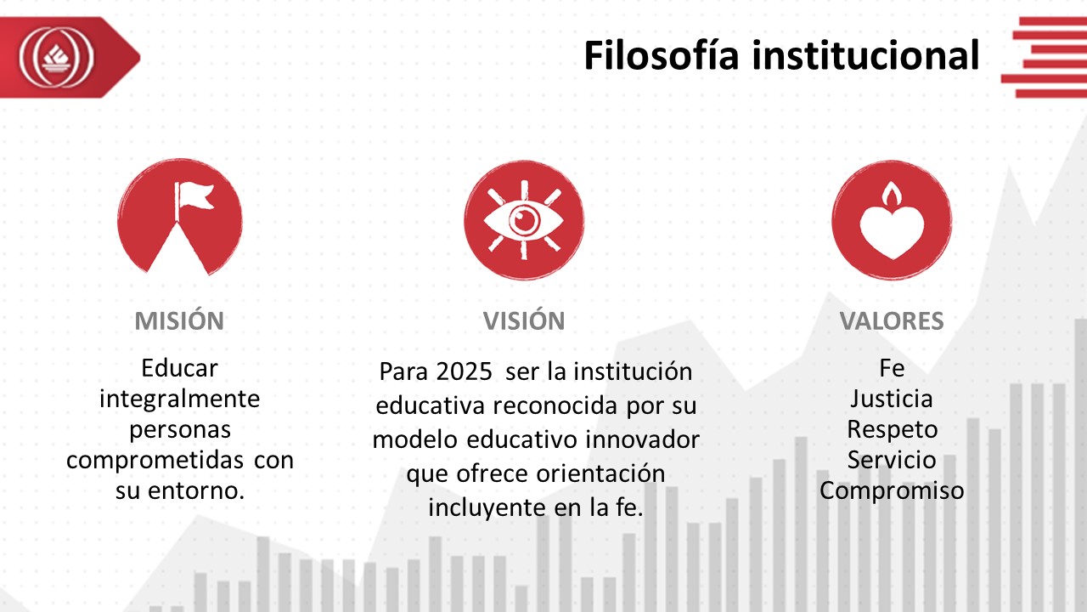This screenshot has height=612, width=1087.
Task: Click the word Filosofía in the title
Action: click(662, 55)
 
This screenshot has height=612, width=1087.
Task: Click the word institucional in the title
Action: click(865, 55)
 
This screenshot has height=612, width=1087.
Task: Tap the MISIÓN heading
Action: click(179, 320)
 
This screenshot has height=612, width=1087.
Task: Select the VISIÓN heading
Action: click(524, 320)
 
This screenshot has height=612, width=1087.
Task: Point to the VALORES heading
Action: click(892, 321)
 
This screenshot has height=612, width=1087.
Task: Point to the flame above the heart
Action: click(892, 195)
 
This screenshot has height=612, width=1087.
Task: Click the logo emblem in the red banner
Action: click(56, 57)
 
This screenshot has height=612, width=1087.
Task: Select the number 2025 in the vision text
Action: click(464, 372)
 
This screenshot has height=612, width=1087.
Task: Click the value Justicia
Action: click(892, 399)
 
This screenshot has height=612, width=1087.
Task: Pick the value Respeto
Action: click(892, 430)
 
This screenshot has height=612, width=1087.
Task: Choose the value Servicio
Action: click(892, 460)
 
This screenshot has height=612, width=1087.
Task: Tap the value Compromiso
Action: click(892, 491)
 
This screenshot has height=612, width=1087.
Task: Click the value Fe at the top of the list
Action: click(892, 369)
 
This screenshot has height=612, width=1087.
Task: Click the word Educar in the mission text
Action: click(179, 369)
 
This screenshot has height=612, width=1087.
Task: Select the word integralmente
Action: click(179, 399)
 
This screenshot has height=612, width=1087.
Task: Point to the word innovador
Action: click(642, 440)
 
